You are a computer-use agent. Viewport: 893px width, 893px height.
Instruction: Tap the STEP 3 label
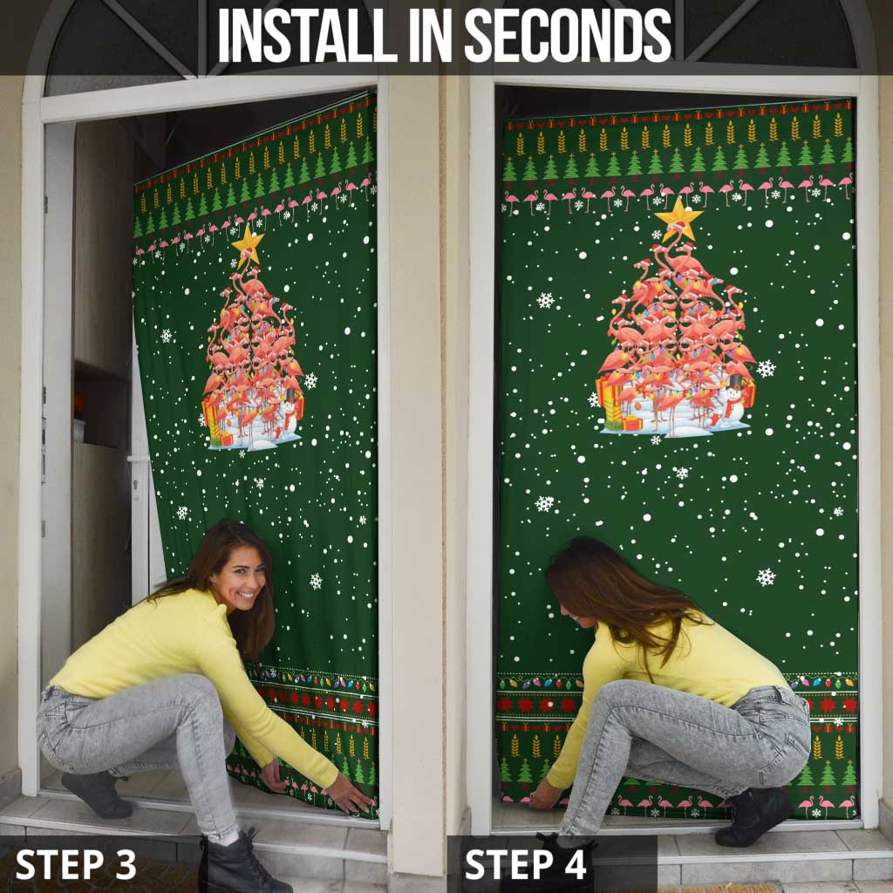click(x=76, y=864)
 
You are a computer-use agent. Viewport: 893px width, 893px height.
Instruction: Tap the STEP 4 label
click(x=527, y=864)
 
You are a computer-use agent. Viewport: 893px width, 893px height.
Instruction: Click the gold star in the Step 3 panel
click(x=248, y=242)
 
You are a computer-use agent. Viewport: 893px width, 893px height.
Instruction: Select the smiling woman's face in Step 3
click(x=238, y=576)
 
